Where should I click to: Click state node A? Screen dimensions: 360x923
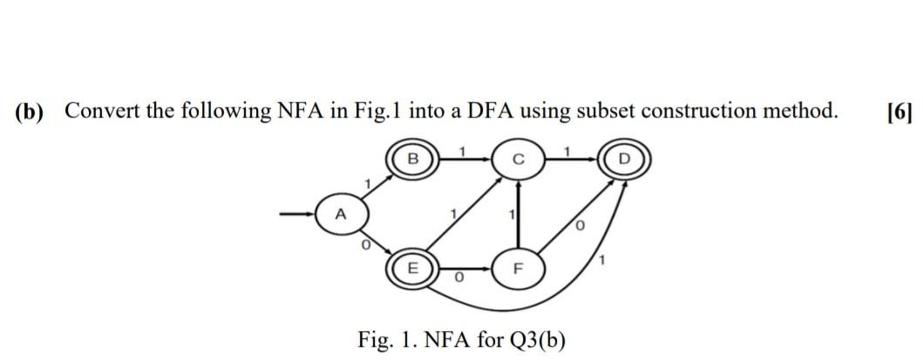pyautogui.click(x=341, y=213)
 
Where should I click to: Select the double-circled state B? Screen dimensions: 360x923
pyautogui.click(x=414, y=160)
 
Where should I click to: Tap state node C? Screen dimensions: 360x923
pyautogui.click(x=519, y=160)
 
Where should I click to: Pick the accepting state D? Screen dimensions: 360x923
pyautogui.click(x=624, y=160)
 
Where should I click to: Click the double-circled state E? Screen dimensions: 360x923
pyautogui.click(x=414, y=267)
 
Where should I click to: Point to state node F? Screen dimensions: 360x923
pyautogui.click(x=519, y=267)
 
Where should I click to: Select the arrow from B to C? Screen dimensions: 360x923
pyautogui.click(x=465, y=160)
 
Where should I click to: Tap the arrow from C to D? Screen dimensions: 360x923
pyautogui.click(x=572, y=160)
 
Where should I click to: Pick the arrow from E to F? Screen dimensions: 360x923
pyautogui.click(x=465, y=267)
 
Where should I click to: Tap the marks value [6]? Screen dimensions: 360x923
pyautogui.click(x=898, y=112)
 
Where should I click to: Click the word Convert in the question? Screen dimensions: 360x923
pyautogui.click(x=105, y=112)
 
